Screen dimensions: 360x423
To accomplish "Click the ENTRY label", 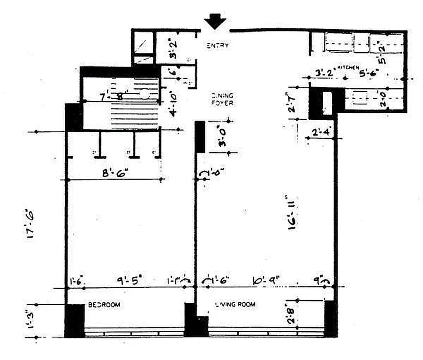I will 218,45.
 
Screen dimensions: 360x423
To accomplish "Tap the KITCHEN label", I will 349,67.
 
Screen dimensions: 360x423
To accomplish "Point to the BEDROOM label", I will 104,305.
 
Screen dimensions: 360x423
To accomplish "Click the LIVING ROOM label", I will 235,305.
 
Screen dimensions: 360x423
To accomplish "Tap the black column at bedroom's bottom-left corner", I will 75,320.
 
